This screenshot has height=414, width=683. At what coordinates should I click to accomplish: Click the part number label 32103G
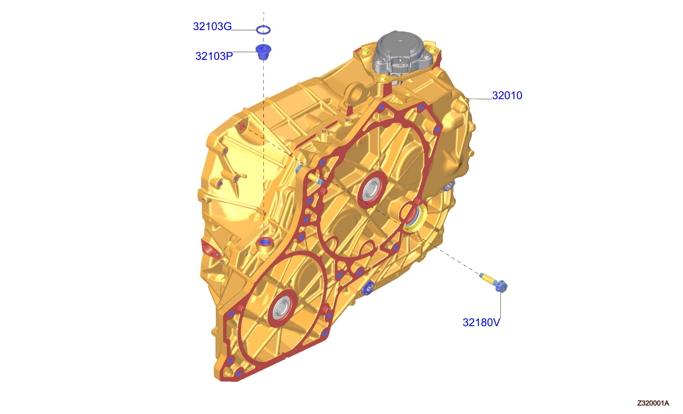pyautogui.click(x=212, y=27)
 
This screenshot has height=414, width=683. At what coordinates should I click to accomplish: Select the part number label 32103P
pyautogui.click(x=214, y=56)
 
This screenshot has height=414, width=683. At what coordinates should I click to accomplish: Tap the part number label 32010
pyautogui.click(x=507, y=95)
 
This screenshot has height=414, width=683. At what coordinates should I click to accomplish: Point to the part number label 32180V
pyautogui.click(x=481, y=322)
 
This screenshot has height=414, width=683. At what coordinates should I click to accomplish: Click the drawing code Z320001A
pyautogui.click(x=653, y=403)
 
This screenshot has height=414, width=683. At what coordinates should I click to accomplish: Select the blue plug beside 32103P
pyautogui.click(x=263, y=52)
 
